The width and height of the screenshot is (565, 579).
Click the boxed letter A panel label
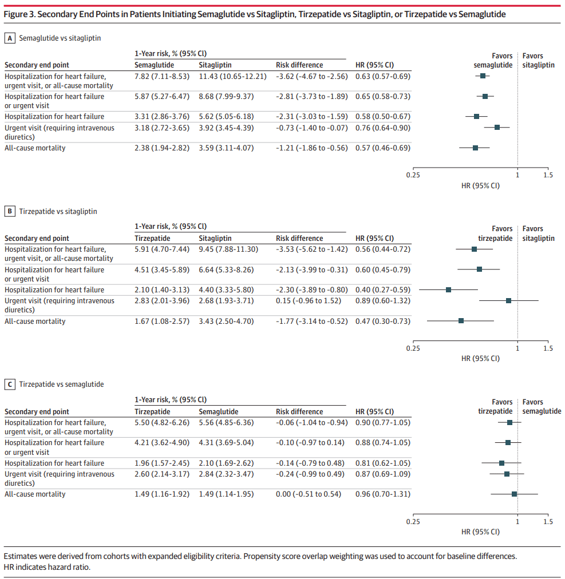click(x=9, y=38)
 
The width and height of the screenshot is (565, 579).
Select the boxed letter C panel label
click(x=9, y=384)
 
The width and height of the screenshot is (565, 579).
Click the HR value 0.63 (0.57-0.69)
click(x=382, y=76)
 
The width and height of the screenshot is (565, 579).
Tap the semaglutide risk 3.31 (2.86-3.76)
click(x=162, y=117)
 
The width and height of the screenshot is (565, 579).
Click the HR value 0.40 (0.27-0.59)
click(x=382, y=290)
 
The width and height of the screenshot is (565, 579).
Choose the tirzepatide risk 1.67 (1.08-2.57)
click(x=162, y=321)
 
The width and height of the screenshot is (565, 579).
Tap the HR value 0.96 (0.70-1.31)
click(x=382, y=494)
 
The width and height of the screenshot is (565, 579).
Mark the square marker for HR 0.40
click(x=448, y=290)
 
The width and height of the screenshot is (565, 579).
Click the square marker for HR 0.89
click(x=508, y=300)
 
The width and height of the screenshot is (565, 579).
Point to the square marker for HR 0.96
click(x=514, y=494)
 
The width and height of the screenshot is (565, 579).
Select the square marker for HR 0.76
click(x=497, y=128)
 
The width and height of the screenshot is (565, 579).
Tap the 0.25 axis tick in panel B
click(x=413, y=348)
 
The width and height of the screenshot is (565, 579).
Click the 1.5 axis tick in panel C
click(x=548, y=521)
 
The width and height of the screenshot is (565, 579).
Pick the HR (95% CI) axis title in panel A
click(x=480, y=186)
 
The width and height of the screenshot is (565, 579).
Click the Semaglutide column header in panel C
click(x=218, y=411)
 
